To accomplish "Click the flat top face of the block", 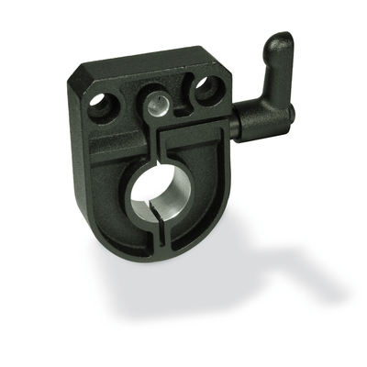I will tap(147, 69).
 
